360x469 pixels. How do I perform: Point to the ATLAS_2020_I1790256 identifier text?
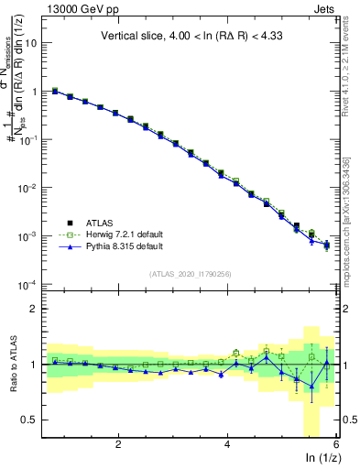(191, 273)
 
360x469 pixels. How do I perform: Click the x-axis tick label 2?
(118, 444)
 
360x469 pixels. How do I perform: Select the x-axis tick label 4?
(227, 444)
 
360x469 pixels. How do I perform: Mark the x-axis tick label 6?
(335, 444)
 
